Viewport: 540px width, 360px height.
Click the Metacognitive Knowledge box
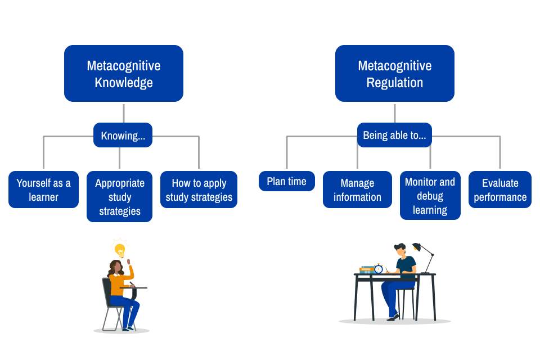[123, 73]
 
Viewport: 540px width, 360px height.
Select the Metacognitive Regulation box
[394, 73]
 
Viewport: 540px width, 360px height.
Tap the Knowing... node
[123, 135]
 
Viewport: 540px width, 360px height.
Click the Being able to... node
[394, 135]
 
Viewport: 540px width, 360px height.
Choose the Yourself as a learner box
[43, 190]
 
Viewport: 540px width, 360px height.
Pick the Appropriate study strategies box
[119, 196]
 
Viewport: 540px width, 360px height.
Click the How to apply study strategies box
[199, 190]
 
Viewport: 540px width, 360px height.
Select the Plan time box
[286, 181]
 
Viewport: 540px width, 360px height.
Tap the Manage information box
[357, 190]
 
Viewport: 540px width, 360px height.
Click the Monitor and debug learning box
[430, 196]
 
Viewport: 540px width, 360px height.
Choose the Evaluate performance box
[499, 190]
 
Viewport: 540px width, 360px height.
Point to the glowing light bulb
[119, 250]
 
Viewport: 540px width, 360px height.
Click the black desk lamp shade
[417, 247]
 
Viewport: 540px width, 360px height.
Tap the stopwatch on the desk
[379, 269]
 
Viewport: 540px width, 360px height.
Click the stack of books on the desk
[367, 270]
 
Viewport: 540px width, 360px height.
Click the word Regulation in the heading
[394, 83]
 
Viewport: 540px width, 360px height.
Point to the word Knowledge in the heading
[123, 83]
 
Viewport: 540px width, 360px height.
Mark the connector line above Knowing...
[123, 112]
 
